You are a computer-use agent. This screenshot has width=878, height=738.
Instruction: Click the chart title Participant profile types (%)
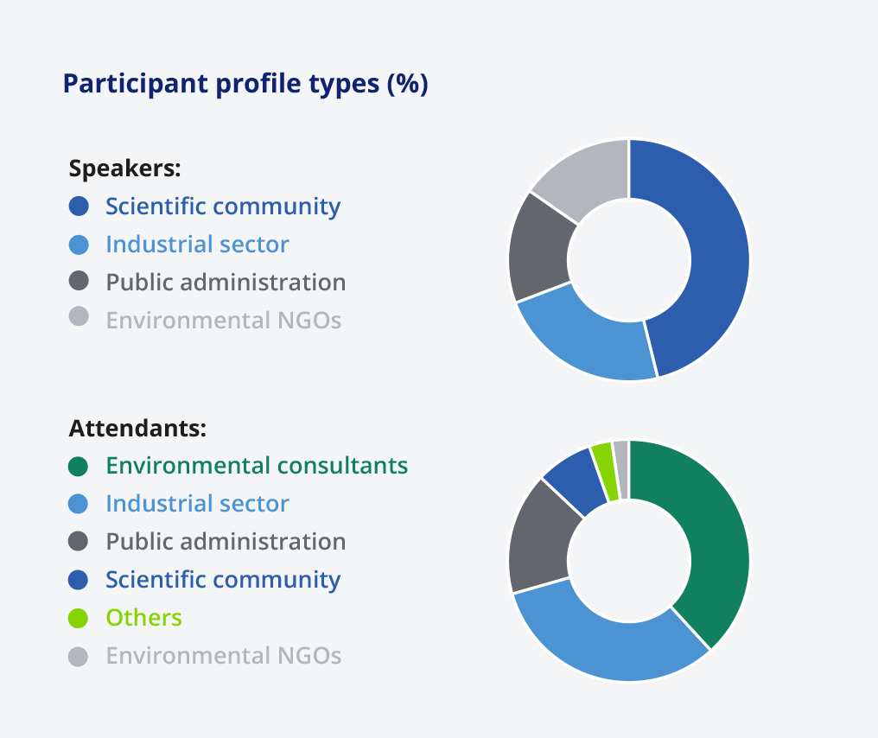[x=245, y=84]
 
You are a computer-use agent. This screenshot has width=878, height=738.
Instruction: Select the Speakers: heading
[x=124, y=168]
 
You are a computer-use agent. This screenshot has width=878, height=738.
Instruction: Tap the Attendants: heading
[x=137, y=429]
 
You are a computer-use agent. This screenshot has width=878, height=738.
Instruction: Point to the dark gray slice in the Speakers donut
[x=540, y=249]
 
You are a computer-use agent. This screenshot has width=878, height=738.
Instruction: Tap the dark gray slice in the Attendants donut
[x=538, y=544]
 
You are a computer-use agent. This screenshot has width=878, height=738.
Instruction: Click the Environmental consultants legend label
[x=257, y=466]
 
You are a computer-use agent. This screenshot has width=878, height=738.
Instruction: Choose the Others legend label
[x=144, y=618]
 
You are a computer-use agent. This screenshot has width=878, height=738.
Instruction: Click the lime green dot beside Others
[x=79, y=618]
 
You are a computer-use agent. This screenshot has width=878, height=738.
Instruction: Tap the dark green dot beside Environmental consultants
[x=79, y=466]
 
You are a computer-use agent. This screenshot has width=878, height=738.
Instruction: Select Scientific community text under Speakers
[x=223, y=207]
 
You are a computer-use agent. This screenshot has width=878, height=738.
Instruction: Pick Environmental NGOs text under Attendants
[x=224, y=656]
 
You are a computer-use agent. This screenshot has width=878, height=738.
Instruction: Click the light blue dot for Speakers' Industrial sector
[x=79, y=245]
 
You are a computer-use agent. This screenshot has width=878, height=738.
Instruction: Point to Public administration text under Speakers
[x=226, y=283]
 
